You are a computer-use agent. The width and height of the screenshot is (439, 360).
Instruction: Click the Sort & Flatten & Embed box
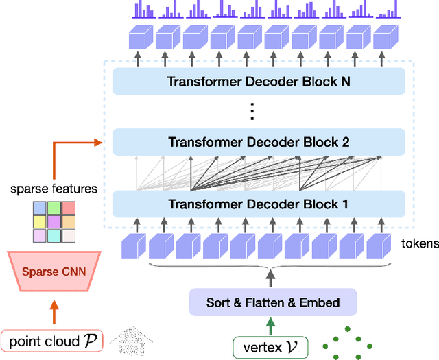tap(273, 302)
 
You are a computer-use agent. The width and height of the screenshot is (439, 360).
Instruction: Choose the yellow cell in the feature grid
tap(38, 221)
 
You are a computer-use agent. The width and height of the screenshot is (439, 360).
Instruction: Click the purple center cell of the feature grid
tap(53, 221)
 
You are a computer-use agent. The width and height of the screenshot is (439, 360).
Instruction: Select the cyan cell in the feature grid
tap(53, 235)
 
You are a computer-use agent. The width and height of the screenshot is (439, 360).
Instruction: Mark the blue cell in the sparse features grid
tap(38, 208)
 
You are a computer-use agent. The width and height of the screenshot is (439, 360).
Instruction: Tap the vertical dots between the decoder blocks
tap(251, 112)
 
